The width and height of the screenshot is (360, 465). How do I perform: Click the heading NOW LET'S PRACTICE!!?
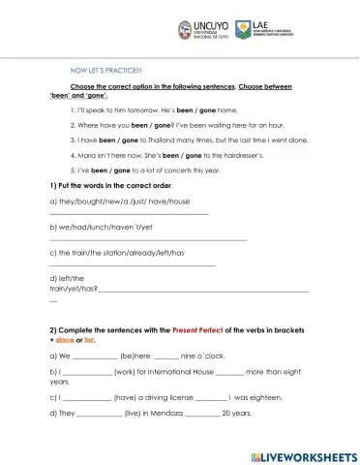pyautogui.click(x=106, y=70)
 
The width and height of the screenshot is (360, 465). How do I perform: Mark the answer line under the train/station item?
pyautogui.click(x=132, y=264)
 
